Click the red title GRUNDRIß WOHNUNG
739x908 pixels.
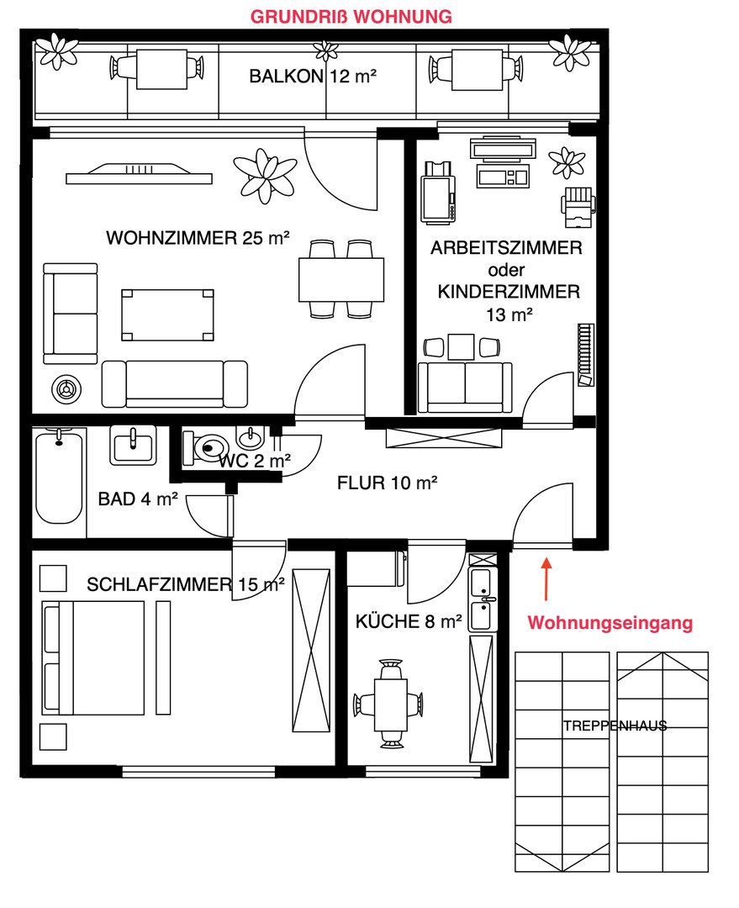click(x=351, y=17)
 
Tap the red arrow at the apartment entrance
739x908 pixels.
click(x=546, y=578)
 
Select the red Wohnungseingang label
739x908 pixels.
click(x=610, y=623)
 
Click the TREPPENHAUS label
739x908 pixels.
click(x=615, y=726)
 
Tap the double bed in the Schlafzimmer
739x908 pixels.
click(x=92, y=657)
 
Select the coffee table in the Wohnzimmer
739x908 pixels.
click(x=167, y=315)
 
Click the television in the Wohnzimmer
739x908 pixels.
click(x=139, y=174)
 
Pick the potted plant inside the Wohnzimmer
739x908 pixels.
click(x=266, y=173)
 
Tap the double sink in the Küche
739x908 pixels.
click(x=483, y=599)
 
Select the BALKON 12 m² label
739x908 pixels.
click(x=313, y=76)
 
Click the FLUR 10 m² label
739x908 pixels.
click(x=387, y=483)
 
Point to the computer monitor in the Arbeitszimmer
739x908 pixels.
click(x=502, y=149)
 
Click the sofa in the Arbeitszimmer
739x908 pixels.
click(x=465, y=387)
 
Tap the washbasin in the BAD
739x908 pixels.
click(x=133, y=446)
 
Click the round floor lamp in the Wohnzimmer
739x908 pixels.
click(x=66, y=389)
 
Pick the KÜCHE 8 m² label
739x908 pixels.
click(x=409, y=621)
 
